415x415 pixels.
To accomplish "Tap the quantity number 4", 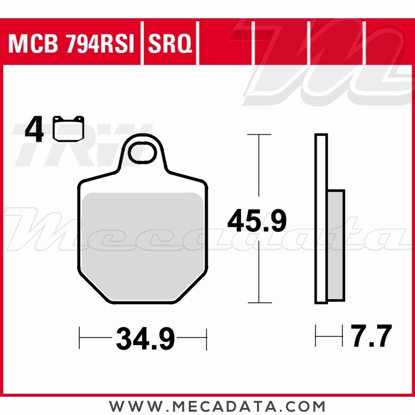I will tap(34, 130).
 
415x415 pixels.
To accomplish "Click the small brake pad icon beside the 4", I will tap(68, 129).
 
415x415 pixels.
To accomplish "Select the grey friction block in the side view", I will tap(336, 245).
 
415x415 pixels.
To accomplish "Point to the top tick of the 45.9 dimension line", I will tap(259, 135).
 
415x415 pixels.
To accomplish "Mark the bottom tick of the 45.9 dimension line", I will tap(259, 303).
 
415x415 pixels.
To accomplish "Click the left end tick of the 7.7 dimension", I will tap(316, 335).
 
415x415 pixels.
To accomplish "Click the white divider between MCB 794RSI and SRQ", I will tap(142, 44).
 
